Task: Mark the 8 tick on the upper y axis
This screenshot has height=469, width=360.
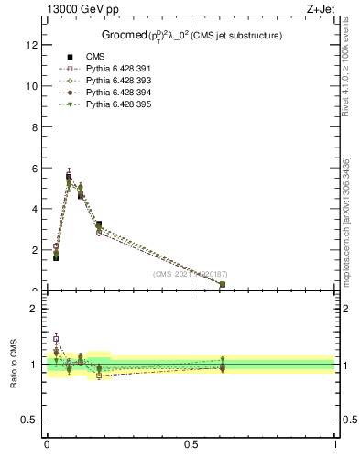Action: point(34,126)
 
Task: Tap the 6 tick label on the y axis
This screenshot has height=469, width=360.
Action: point(34,168)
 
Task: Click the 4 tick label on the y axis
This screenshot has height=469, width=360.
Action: point(34,209)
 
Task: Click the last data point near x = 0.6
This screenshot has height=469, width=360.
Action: point(223,284)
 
